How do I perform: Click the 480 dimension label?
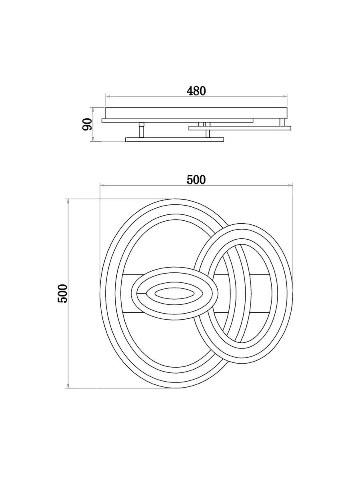[196, 91]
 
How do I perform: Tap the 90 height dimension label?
[87, 124]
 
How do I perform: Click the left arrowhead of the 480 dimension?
[107, 96]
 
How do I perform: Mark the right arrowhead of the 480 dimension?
[285, 96]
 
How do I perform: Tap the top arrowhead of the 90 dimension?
[93, 109]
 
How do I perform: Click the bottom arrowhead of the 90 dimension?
[93, 140]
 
